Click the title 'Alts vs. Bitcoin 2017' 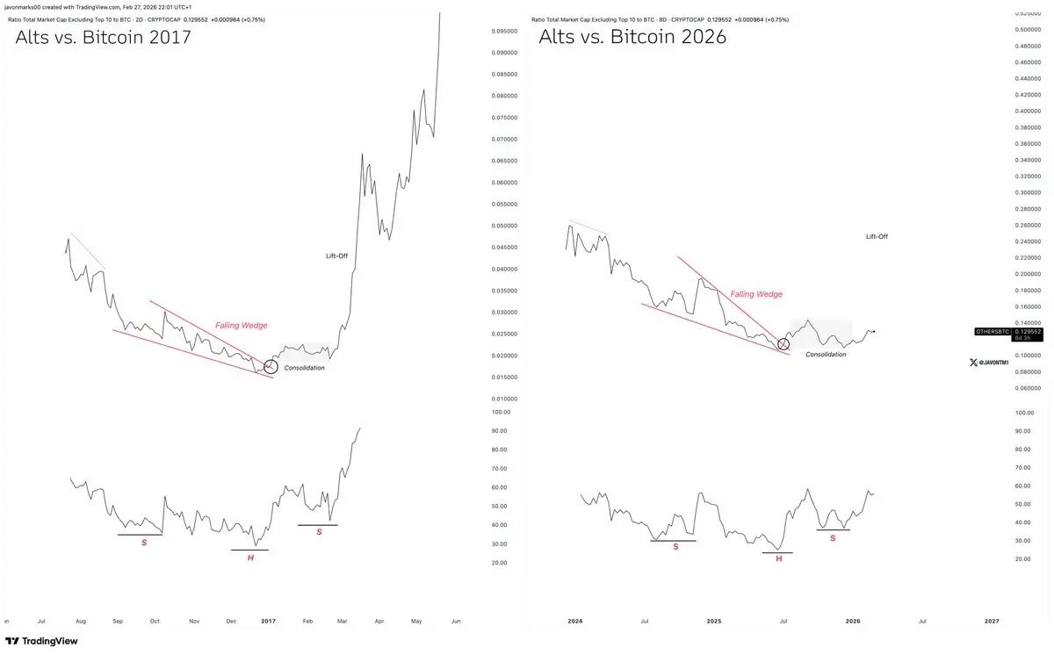[104, 37]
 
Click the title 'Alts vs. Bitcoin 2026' [632, 37]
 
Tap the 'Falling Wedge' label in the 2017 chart [242, 326]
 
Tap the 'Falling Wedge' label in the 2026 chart [756, 294]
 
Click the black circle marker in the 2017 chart [271, 367]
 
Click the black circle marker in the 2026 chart [783, 344]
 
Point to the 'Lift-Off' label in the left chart [338, 256]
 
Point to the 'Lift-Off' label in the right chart [877, 236]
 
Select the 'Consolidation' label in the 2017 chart [305, 368]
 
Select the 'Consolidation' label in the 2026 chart [826, 354]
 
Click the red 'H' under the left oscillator [250, 558]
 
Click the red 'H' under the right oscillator [778, 558]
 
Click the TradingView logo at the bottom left [41, 641]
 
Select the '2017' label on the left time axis [269, 621]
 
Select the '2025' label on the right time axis [714, 621]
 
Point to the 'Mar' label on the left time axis [343, 621]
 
